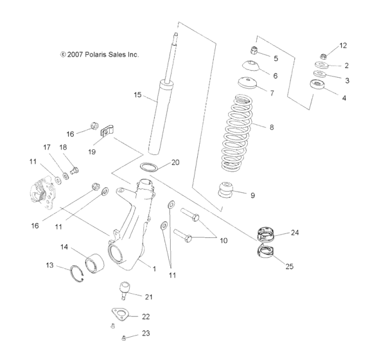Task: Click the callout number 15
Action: tap(137, 95)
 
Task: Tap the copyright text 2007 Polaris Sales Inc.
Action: tap(99, 55)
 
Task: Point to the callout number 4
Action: tap(344, 98)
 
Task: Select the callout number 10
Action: tap(223, 240)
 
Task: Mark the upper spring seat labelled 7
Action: tap(246, 83)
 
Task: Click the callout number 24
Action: tap(295, 233)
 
